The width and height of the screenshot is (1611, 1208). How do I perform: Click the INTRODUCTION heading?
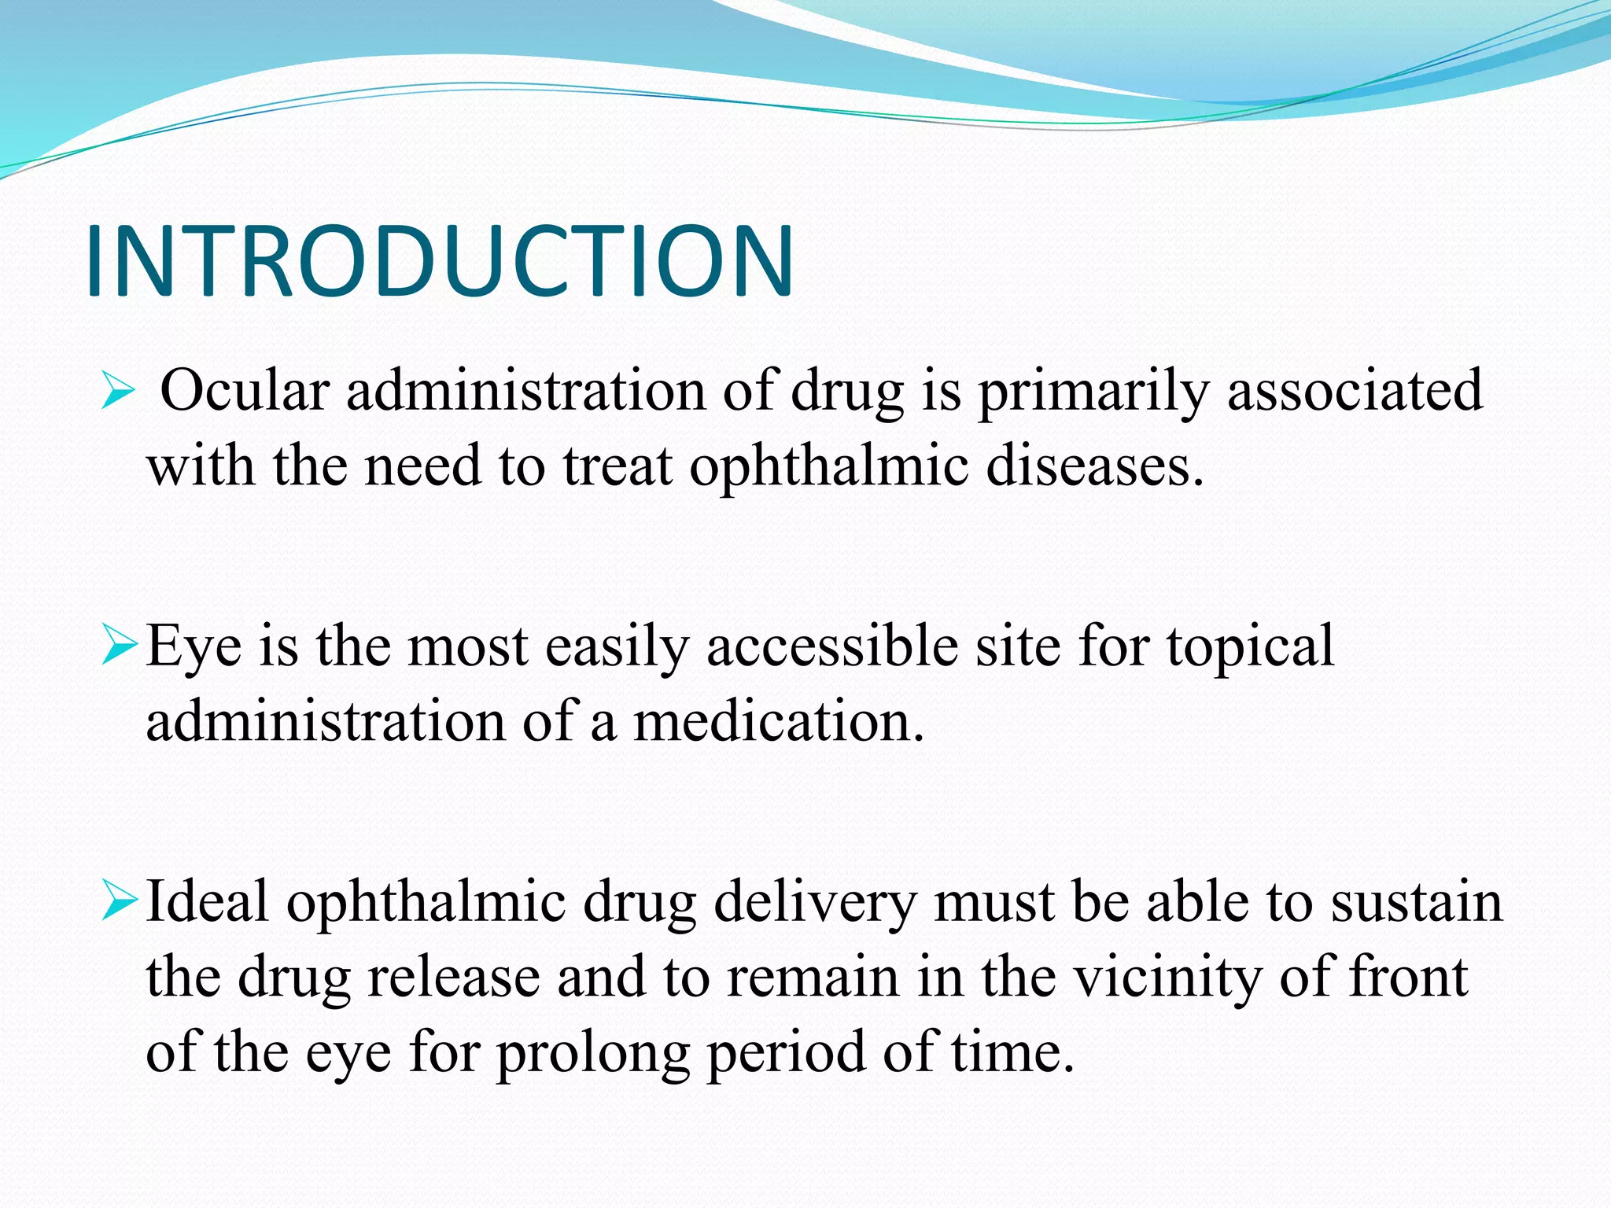point(439,261)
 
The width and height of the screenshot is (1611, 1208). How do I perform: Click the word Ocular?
point(245,391)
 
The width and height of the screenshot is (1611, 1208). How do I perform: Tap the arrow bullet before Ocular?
point(118,392)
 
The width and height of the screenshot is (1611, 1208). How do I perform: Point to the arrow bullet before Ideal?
point(120,902)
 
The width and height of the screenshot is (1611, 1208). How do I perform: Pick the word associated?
point(1355,391)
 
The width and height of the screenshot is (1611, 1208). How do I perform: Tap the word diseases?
point(1094,466)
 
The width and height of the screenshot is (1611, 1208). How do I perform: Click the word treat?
point(617,466)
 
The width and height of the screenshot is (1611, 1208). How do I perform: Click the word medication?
point(778,721)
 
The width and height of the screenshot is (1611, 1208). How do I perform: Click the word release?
point(454,977)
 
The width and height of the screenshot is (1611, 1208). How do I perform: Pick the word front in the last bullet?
point(1409,977)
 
